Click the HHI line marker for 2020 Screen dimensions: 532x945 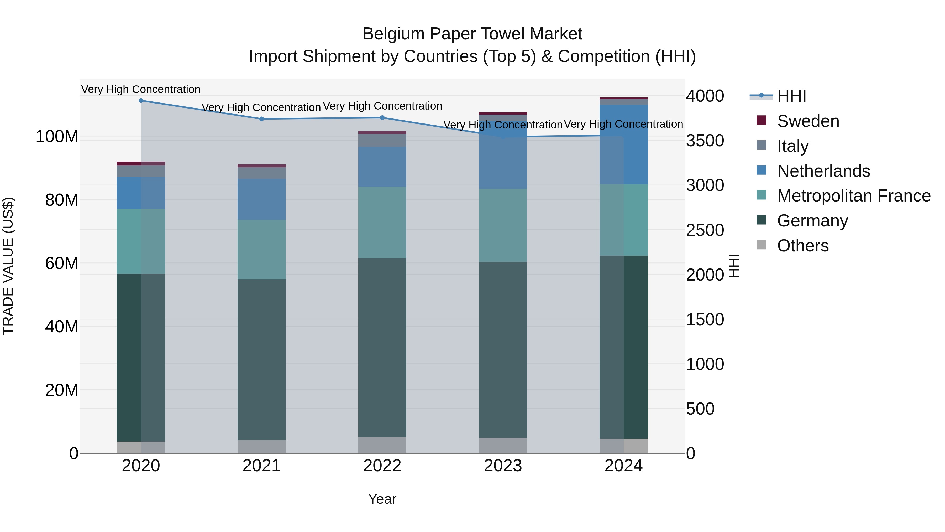141,101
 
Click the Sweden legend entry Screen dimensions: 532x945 807,121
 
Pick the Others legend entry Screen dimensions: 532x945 802,246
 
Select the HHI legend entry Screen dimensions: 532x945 791,96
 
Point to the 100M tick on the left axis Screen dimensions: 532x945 57,137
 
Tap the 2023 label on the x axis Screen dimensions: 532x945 503,466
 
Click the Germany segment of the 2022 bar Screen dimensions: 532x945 382,347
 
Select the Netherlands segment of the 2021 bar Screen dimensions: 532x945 261,199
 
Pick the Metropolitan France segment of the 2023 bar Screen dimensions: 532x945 503,225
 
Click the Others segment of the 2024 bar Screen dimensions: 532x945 624,446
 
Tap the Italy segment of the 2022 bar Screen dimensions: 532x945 382,140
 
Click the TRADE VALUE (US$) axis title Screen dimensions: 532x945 8,266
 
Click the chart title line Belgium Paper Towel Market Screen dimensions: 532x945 472,34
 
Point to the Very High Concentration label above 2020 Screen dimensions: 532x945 141,90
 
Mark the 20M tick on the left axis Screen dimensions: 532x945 62,390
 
